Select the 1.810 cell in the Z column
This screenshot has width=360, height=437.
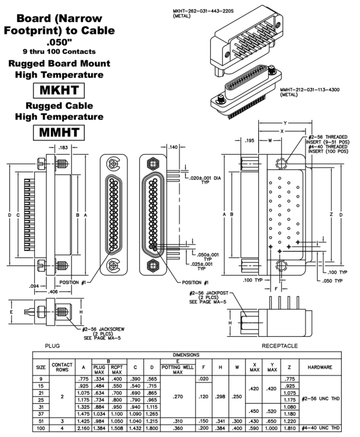coord(290,427)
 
